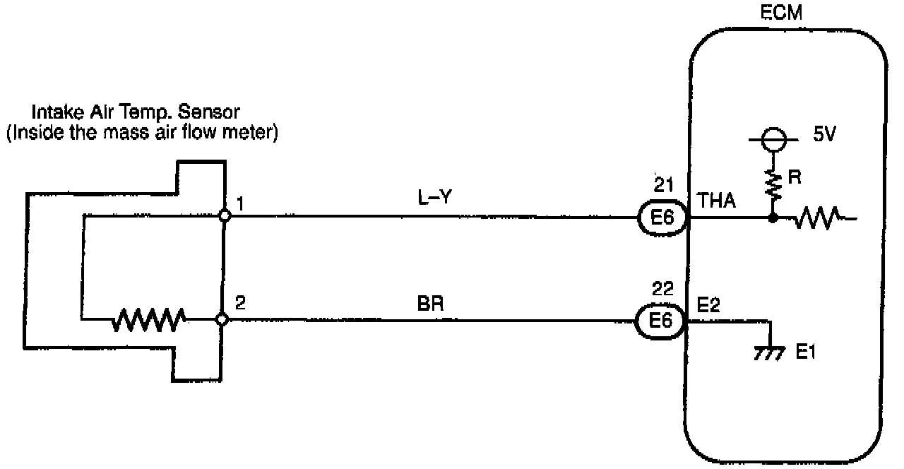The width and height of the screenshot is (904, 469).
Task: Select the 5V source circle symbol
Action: coord(773,140)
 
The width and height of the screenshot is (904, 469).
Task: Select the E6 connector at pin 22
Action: coord(662,321)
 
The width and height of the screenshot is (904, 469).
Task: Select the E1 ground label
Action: coord(806,352)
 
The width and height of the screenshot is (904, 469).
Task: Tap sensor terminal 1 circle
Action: coord(224,216)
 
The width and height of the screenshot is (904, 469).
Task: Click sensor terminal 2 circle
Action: coord(223,320)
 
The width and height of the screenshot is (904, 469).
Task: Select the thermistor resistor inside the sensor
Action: coord(149,320)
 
